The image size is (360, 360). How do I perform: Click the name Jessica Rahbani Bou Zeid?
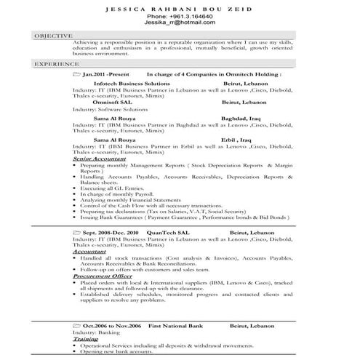point(180,8)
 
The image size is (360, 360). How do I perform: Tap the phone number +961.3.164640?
point(180,16)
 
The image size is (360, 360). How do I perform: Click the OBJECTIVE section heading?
point(54,35)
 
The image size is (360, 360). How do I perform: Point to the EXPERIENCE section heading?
point(55,65)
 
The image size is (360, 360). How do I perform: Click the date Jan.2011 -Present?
point(105,75)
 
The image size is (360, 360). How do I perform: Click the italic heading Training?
point(86,339)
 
